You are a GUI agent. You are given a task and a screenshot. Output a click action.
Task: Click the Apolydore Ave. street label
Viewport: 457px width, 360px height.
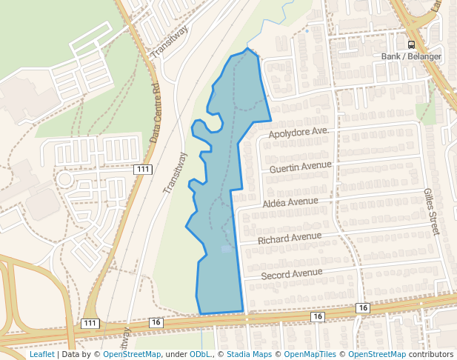[298, 132]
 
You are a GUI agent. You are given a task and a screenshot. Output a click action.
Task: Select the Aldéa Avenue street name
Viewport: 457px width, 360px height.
[290, 201]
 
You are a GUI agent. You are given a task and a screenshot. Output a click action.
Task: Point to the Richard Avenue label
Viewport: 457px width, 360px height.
[290, 239]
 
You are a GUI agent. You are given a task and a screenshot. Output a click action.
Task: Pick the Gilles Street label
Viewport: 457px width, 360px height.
[431, 211]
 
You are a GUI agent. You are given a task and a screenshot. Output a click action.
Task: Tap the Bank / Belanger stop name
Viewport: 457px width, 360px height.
[411, 56]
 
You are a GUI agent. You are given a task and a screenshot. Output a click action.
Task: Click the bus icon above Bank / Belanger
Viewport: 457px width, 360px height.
[411, 44]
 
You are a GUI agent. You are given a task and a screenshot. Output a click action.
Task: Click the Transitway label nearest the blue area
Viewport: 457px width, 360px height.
[176, 173]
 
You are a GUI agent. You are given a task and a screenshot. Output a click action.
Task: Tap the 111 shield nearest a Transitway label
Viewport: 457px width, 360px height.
[144, 170]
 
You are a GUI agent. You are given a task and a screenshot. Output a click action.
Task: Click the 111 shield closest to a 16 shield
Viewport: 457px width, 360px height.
[90, 324]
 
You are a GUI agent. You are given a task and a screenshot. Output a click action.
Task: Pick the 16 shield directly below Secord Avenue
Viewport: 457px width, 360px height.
[318, 317]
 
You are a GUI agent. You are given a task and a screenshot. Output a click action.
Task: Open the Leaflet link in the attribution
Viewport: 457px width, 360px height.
[41, 355]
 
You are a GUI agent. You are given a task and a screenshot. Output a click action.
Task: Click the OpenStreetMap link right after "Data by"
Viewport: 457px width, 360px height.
[132, 355]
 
